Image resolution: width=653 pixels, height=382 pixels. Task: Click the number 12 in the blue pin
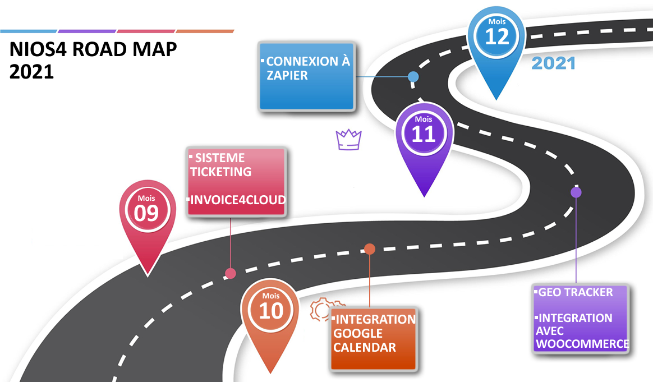tap(497, 37)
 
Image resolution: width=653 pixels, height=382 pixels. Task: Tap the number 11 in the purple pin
tap(424, 135)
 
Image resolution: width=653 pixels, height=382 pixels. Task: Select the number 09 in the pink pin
tap(147, 214)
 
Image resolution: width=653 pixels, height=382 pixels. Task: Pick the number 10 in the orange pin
tap(271, 311)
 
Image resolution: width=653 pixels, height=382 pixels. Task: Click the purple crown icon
tap(348, 140)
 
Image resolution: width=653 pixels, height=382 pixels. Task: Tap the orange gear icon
tap(321, 309)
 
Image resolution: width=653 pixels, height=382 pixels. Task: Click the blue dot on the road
tap(413, 77)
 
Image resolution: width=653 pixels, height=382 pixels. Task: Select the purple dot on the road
tap(576, 192)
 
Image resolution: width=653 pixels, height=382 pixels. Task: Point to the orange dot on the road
tap(369, 249)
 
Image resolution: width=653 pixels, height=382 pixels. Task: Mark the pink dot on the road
tap(230, 274)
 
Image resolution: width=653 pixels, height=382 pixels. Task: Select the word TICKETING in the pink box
tap(220, 172)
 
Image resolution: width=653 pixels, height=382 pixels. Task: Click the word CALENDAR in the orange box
tap(365, 347)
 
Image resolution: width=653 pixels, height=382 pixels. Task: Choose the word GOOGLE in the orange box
tap(358, 333)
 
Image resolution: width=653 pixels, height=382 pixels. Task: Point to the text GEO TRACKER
tap(576, 292)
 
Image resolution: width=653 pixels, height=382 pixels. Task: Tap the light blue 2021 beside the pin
tap(553, 63)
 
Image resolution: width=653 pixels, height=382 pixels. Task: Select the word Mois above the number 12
tap(496, 22)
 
